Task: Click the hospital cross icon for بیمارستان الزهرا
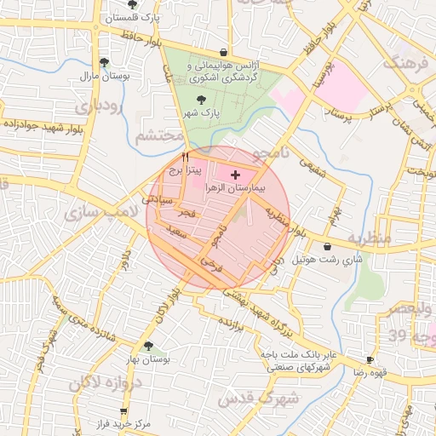click(x=236, y=174)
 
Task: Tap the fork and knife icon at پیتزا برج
click(x=185, y=158)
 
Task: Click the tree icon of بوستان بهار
click(x=149, y=346)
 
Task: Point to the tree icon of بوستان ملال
click(x=104, y=62)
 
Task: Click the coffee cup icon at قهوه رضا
click(x=370, y=359)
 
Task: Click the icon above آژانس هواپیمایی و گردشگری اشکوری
click(x=223, y=52)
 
